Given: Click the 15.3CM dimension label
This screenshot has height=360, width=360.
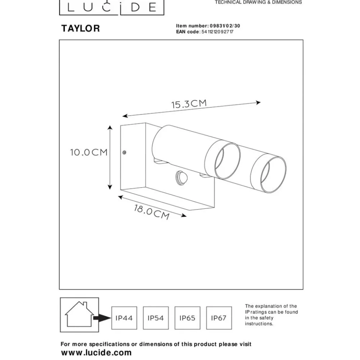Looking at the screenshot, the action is point(189,104).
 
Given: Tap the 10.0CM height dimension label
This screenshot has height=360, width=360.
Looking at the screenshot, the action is point(89,152).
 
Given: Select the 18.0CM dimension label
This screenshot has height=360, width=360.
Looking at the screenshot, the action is point(152,212).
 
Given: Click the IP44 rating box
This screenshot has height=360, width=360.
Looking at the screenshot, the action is point(124,318).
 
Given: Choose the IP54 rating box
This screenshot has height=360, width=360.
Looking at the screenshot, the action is point(156,318).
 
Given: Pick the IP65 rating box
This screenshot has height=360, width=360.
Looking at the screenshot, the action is point(187,318).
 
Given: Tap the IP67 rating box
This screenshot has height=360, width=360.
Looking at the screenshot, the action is point(219,318).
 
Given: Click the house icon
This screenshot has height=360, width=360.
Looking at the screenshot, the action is point(80,314).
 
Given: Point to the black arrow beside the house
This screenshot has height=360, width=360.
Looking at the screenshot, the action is point(102,318).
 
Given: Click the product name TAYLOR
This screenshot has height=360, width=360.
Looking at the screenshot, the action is point(81,28).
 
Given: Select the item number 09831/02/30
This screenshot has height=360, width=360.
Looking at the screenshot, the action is point(225,26).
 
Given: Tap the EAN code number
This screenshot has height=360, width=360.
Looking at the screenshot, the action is point(217,32).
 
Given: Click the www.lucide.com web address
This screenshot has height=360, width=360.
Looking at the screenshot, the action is point(96,353).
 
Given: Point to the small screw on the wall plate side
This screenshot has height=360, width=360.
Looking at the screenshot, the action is point(124,152).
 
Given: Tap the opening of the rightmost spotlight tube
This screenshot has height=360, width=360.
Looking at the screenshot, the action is point(273,175).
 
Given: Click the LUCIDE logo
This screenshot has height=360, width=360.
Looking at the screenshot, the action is point(112,7).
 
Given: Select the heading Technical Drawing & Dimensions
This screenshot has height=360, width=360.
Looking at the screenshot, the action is point(258,2).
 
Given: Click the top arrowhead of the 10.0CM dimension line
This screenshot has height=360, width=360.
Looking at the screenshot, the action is point(110,128).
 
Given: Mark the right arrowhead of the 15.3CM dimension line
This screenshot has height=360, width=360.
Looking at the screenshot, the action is point(258,103).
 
